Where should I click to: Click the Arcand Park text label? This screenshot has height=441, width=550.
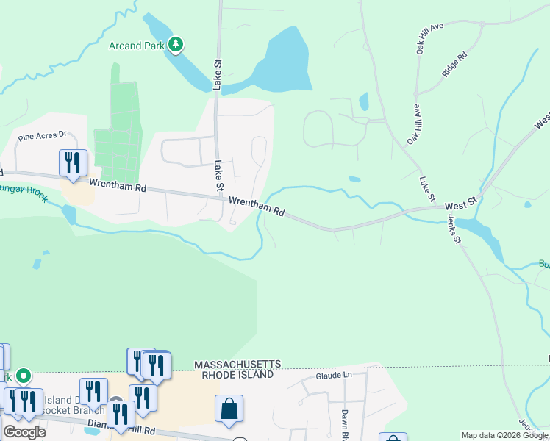136,46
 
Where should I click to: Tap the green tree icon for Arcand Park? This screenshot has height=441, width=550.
175,45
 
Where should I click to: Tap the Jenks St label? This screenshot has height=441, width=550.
453,229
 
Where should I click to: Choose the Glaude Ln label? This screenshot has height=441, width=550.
335,375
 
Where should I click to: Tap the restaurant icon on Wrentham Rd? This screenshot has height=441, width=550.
73,162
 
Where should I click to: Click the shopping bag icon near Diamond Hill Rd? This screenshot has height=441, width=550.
229,408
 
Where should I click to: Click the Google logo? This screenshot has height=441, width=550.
24,431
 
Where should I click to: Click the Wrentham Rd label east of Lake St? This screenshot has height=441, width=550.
256,205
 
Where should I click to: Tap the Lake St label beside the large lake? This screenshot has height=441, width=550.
218,75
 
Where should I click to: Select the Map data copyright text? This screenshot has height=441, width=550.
504,435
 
